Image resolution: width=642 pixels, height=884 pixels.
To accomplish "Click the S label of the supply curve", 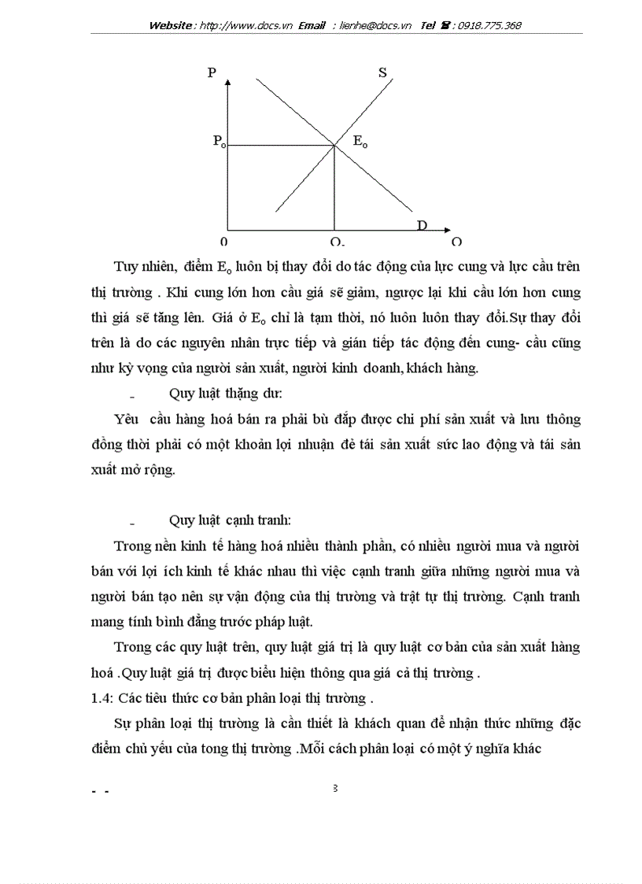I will [382, 72].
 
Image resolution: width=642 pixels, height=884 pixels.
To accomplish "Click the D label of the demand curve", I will [422, 226].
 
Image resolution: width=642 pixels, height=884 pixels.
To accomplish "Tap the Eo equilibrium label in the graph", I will [360, 142].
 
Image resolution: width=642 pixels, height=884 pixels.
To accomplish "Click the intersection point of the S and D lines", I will [335, 144].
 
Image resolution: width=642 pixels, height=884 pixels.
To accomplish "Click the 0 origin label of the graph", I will [224, 242].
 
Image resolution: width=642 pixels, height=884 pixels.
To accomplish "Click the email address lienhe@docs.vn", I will [375, 25].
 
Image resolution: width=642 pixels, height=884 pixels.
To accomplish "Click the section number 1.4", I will [101, 697].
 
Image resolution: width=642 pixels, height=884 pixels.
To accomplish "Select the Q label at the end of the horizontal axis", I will [456, 242].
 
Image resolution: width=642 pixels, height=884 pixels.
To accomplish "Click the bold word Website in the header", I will [172, 25].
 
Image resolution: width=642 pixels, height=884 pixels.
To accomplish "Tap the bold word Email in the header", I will [311, 25].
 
